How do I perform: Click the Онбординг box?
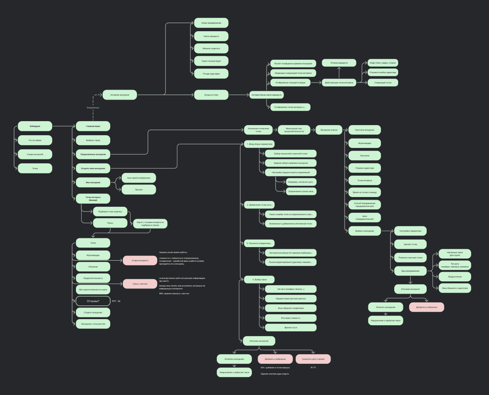point(35,126)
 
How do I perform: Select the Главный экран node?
point(93,126)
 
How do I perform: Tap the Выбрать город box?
point(93,140)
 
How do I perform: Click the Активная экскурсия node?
point(120,94)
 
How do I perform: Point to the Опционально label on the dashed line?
point(93,108)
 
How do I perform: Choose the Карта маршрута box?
point(211,36)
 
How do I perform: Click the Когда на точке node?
point(211,94)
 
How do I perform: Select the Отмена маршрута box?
point(339,63)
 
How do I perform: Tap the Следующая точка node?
point(383,82)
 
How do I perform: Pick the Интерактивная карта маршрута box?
point(266,94)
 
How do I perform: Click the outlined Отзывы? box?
point(93,301)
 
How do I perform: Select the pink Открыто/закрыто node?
point(140,260)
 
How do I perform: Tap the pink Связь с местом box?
point(140,284)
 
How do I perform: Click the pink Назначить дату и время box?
point(313,359)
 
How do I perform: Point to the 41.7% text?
point(313,367)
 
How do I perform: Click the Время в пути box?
point(291,327)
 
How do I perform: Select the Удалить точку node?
point(410,244)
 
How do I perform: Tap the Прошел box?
point(139,189)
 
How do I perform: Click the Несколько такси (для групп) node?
point(455,254)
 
